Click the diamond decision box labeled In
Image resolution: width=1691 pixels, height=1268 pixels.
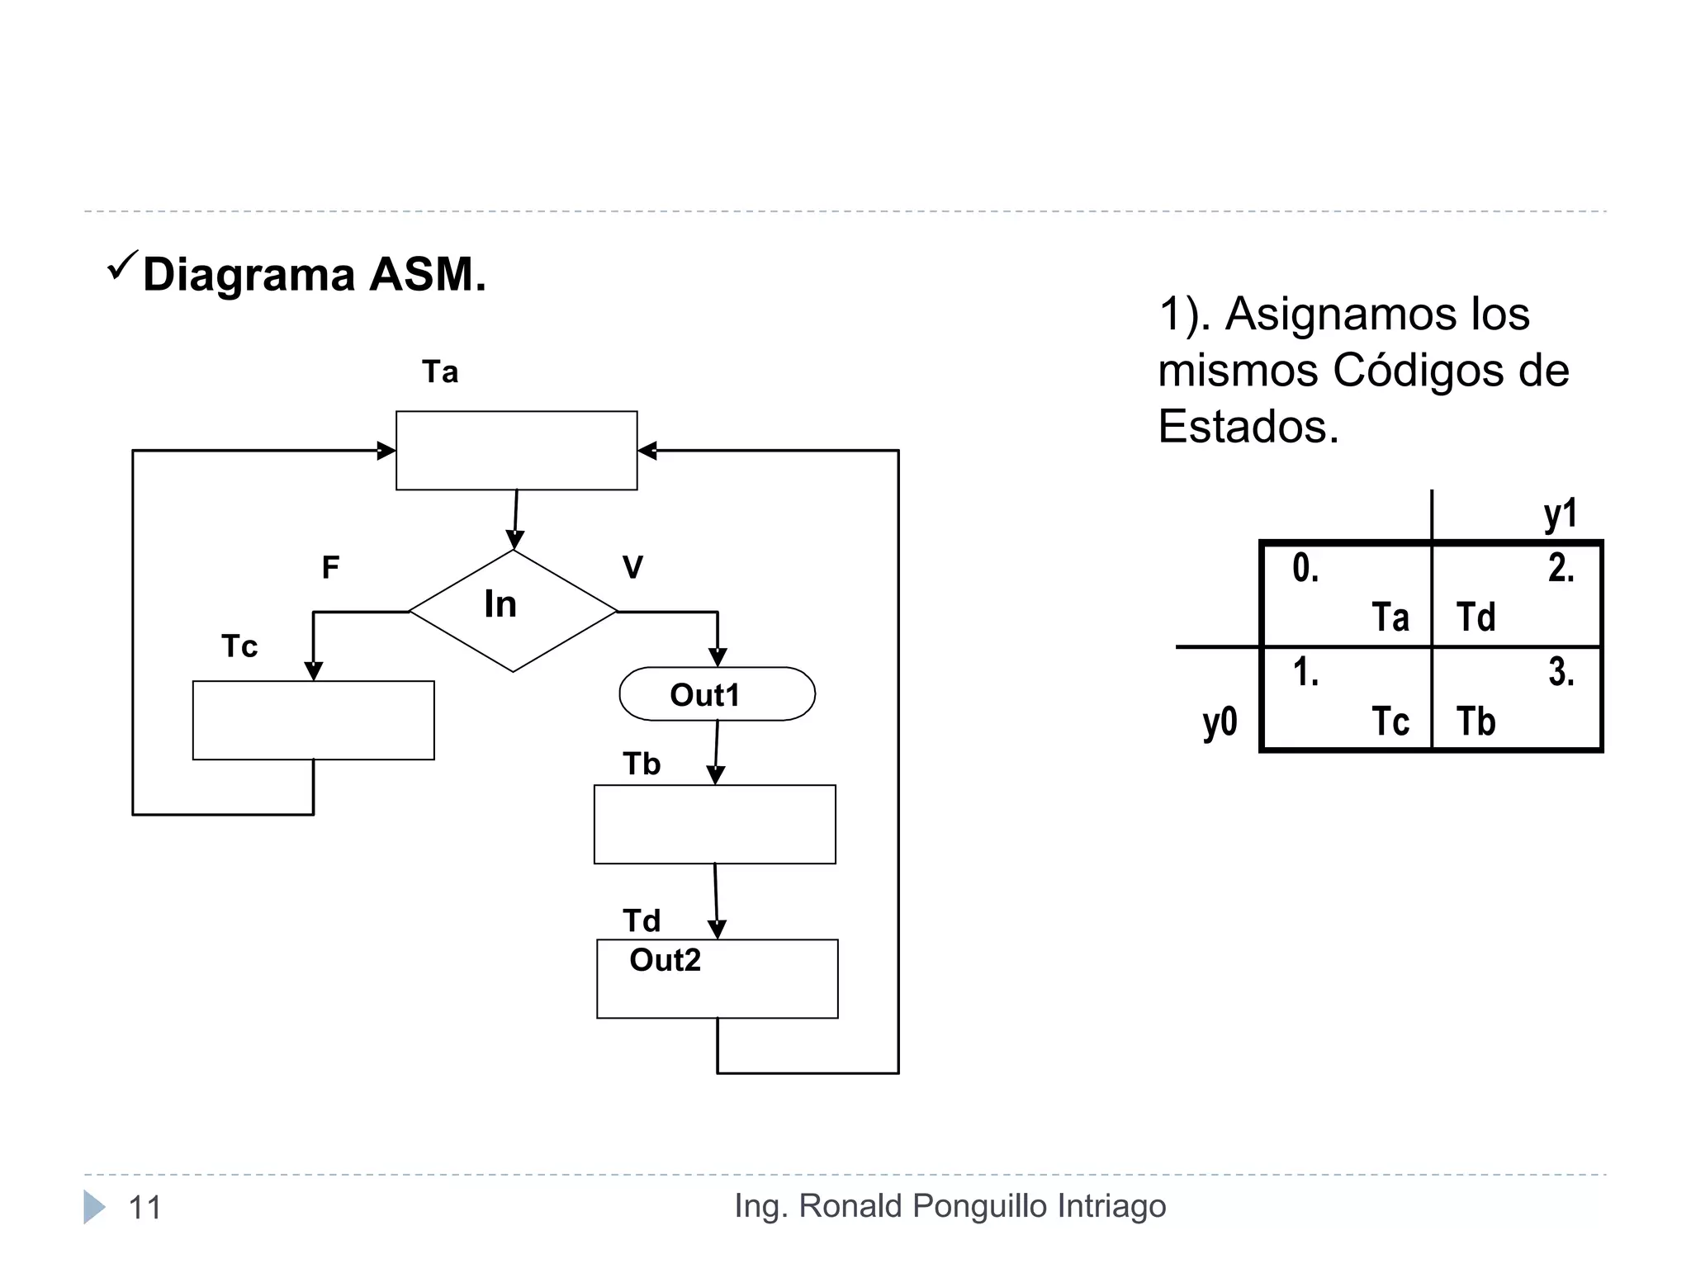point(513,611)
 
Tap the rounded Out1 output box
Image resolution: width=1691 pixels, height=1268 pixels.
point(717,694)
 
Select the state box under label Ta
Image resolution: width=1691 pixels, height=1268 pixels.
point(516,451)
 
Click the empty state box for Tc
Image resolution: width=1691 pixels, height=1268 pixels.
point(313,720)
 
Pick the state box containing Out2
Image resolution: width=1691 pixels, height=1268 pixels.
point(717,979)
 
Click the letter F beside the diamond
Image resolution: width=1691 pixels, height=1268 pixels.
point(330,568)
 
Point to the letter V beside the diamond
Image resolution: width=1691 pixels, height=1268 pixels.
point(632,568)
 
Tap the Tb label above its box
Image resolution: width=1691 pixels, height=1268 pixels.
point(642,764)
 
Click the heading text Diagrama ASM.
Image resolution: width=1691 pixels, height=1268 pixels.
point(314,274)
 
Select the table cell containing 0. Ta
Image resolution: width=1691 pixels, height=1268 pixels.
point(1348,594)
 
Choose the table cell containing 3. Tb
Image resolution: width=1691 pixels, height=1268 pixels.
point(1517,698)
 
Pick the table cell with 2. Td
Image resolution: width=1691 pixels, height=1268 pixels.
point(1517,594)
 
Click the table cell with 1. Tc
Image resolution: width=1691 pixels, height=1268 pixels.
point(1348,698)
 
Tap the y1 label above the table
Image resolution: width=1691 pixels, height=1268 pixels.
point(1560,514)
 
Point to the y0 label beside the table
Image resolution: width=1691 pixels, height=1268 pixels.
point(1220,722)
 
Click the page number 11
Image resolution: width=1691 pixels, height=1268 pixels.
point(145,1208)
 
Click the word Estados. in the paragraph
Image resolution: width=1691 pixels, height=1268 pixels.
point(1248,427)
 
